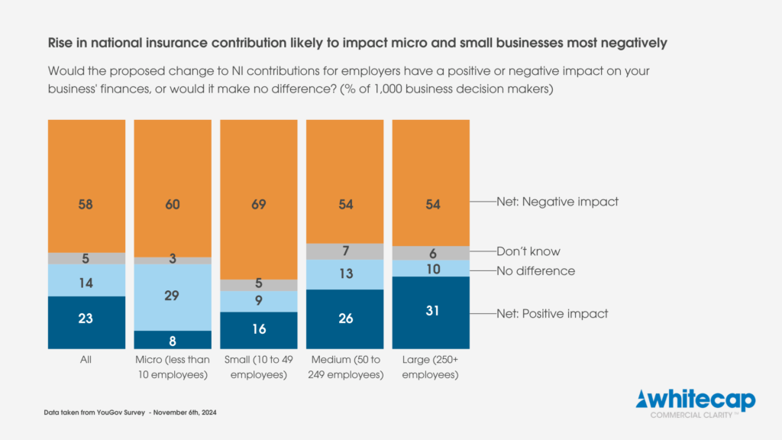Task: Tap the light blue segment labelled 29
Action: [173, 296]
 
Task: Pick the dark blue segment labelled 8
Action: [173, 340]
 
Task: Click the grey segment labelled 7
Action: [344, 251]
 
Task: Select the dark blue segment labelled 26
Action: [344, 319]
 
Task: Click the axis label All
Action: [86, 359]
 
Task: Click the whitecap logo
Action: [696, 402]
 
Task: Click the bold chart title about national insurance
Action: [357, 43]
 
